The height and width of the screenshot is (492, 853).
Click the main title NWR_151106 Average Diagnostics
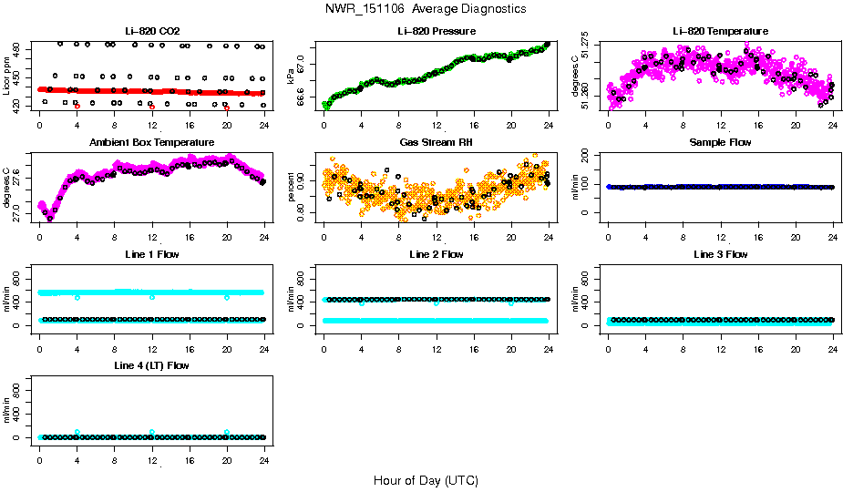coord(426,8)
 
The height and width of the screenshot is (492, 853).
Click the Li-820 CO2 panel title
coord(152,31)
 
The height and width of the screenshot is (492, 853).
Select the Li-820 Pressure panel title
coord(436,31)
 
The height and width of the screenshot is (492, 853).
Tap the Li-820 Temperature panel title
coord(720,31)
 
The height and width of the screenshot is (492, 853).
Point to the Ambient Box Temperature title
coord(152,142)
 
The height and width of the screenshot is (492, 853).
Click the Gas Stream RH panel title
coord(436,142)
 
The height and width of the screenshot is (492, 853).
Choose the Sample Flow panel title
coord(720,142)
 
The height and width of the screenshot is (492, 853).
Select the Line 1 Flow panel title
coord(152,254)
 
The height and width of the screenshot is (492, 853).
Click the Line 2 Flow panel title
coord(436,254)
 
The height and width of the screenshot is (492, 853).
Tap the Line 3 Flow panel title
coord(720,254)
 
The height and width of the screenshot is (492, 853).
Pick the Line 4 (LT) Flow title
coord(152,365)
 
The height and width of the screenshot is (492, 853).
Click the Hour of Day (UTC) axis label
coord(426,479)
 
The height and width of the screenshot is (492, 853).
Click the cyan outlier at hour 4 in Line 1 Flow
coord(77,297)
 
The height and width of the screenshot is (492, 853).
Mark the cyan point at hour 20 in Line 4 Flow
coord(227,432)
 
